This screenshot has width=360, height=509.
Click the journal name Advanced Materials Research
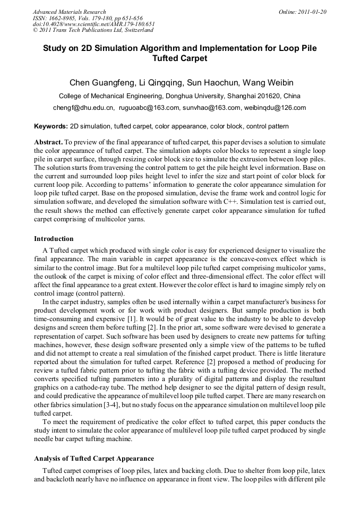click(x=69, y=12)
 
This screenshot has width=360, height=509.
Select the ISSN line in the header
click(x=85, y=18)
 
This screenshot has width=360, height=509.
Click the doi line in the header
click(x=93, y=24)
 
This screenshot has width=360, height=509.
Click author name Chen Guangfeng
click(x=101, y=83)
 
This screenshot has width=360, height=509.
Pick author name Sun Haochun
click(x=213, y=83)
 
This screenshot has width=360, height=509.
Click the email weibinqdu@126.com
click(x=275, y=108)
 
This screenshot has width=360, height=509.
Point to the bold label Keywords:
click(x=51, y=127)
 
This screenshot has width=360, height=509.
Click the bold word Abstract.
click(x=48, y=143)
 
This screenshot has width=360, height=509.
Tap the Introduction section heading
click(x=54, y=239)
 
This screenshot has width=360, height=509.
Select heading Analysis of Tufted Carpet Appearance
click(x=94, y=458)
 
